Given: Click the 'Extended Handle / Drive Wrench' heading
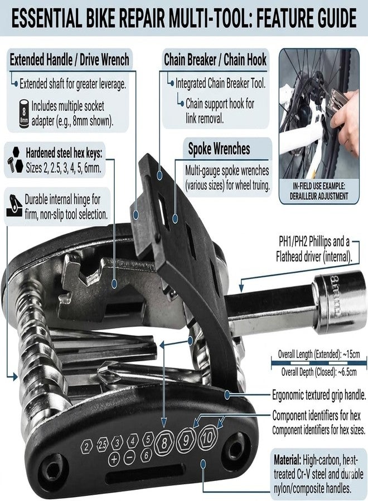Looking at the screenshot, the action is click(70, 60).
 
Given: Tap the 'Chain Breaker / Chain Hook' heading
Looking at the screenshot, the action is click(215, 60).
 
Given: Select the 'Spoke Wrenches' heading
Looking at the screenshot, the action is click(219, 149).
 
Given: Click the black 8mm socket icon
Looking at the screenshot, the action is click(23, 114).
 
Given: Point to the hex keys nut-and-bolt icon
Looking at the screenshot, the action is click(14, 160).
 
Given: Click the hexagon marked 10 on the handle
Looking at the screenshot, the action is click(207, 438).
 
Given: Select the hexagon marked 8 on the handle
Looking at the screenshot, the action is click(164, 443).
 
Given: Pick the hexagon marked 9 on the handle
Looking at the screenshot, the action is click(186, 440).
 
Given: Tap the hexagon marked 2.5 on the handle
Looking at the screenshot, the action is click(102, 445).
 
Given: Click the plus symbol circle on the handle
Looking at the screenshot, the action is click(114, 459).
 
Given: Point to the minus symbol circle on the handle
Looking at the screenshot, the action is click(129, 458).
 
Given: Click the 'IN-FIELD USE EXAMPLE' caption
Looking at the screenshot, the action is click(319, 186).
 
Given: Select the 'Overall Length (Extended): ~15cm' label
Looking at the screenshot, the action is click(319, 355).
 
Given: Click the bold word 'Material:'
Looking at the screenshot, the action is click(287, 460).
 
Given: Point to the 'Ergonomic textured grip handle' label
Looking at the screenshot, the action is click(319, 395).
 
